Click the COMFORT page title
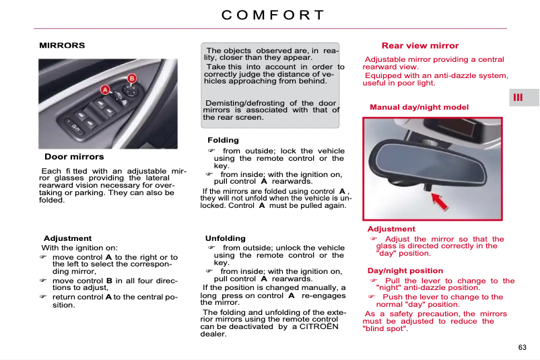[272, 15]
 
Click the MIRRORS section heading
[62, 46]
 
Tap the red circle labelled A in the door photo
[105, 89]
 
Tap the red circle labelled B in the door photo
[132, 78]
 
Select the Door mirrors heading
[74, 157]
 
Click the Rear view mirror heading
[419, 46]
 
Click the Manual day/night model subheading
[419, 107]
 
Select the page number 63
[522, 347]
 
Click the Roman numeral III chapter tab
[518, 98]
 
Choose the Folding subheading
[223, 141]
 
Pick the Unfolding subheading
[226, 238]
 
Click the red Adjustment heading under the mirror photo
[391, 229]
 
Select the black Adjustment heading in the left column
[67, 238]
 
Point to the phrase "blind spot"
[385, 328]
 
